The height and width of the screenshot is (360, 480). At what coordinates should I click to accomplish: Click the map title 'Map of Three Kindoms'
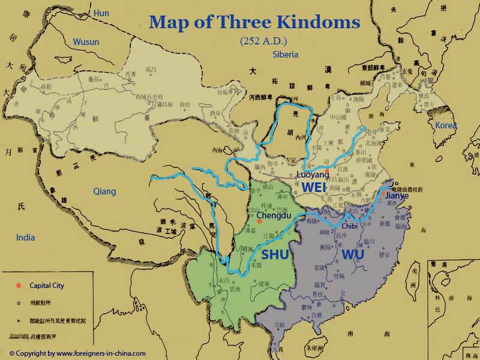[x=254, y=23]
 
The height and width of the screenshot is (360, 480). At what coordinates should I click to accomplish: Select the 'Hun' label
[x=101, y=12]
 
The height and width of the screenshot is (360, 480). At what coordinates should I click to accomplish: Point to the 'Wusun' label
[x=86, y=42]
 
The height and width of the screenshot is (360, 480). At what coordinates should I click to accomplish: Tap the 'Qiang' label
[x=104, y=191]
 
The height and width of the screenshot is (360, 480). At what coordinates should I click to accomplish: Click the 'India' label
[x=26, y=237]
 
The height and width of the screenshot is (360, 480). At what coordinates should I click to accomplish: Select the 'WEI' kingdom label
[x=314, y=187]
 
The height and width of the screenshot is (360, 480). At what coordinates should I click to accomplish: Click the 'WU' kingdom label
[x=353, y=254]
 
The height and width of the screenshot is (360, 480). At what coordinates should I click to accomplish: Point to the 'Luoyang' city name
[x=313, y=175]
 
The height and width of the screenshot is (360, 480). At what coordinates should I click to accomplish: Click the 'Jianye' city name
[x=395, y=195]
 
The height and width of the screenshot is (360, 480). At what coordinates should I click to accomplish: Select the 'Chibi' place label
[x=349, y=226]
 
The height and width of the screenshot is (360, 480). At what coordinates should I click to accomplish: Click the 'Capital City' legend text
[x=47, y=286]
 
